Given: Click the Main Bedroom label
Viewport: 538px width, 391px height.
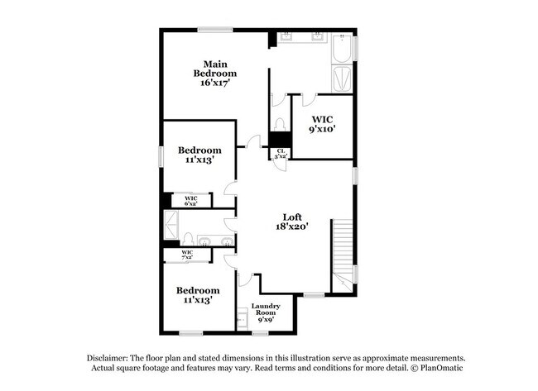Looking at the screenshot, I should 215,68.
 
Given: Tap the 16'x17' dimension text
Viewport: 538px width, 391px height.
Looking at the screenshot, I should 214,83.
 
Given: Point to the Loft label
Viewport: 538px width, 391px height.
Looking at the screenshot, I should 292,217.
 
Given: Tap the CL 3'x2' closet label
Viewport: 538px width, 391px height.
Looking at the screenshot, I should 282,153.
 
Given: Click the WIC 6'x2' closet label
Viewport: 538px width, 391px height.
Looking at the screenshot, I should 190,201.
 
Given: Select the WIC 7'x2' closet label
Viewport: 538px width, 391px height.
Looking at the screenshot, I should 187,255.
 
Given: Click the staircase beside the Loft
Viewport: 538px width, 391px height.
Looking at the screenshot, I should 343,254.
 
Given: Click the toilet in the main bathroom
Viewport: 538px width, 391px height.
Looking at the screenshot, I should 280,124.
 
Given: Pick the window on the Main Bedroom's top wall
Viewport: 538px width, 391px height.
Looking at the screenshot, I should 215,31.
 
